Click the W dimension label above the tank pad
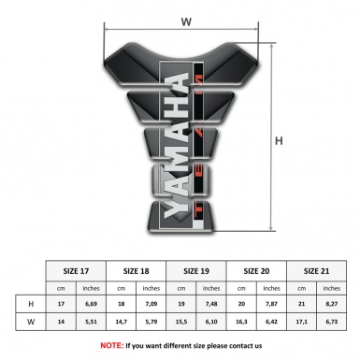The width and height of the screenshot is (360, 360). [186, 21]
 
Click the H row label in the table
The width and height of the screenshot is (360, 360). [32, 305]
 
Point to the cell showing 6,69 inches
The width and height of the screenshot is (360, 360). [92, 305]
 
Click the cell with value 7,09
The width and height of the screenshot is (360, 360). [151, 305]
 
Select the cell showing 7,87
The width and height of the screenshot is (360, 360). [272, 305]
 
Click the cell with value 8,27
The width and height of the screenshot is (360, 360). [332, 305]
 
